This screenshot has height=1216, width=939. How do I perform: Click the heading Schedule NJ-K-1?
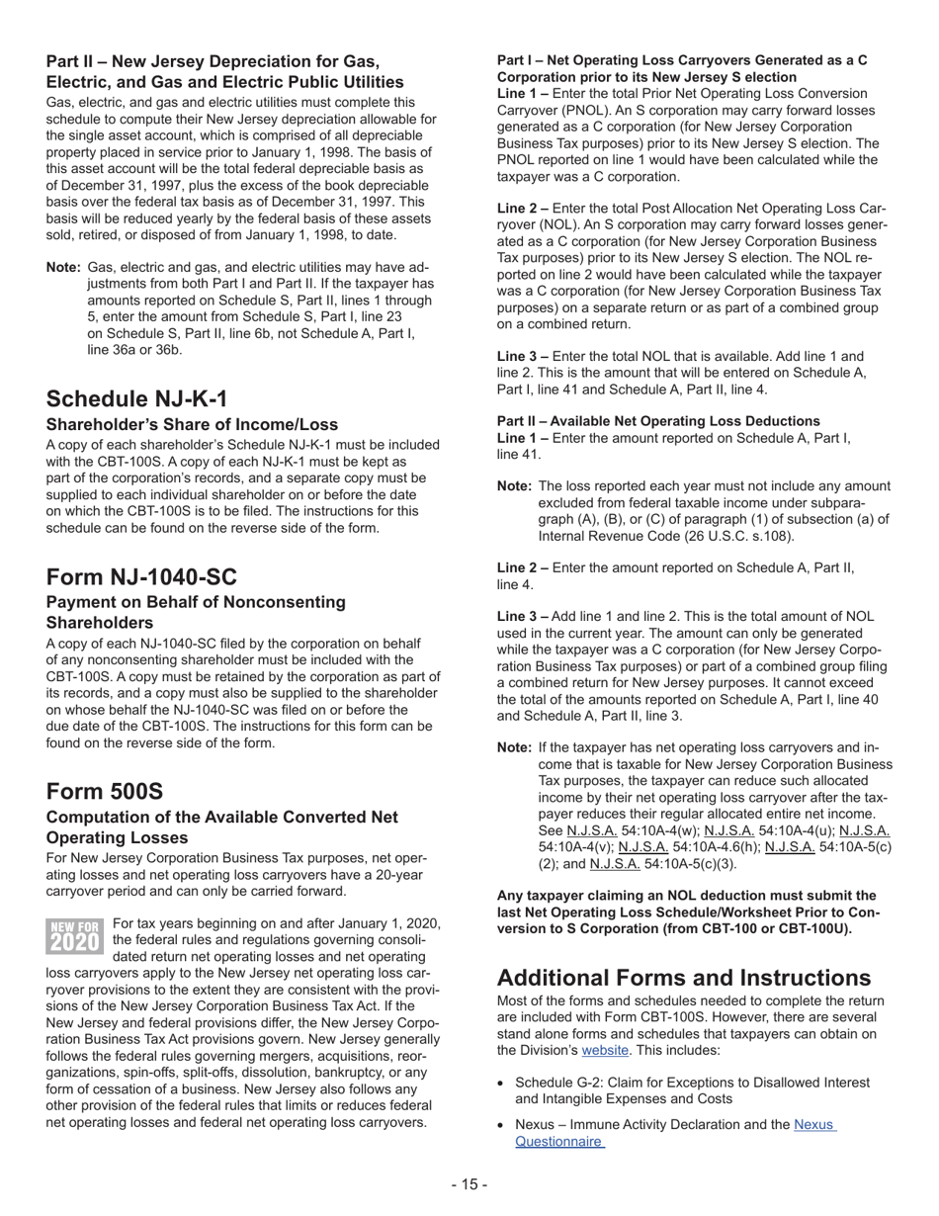pos(136,398)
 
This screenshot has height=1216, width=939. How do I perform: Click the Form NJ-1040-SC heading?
pos(141,576)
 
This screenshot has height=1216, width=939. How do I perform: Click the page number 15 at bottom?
pos(469,1184)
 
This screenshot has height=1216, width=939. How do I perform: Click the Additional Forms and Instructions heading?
pos(683,978)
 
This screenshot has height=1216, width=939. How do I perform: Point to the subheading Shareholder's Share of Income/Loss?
pos(192,424)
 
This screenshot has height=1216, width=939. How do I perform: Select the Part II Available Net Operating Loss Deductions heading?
pos(658,421)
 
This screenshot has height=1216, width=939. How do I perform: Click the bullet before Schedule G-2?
pos(502,1083)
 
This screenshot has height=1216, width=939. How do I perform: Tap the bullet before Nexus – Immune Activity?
pos(502,1125)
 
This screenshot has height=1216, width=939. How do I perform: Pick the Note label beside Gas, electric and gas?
pos(63,268)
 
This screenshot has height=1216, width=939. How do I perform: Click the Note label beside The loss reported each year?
pos(515,486)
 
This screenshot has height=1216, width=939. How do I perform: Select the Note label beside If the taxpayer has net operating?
pos(515,748)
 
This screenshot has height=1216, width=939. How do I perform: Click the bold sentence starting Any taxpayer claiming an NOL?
pos(686,912)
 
